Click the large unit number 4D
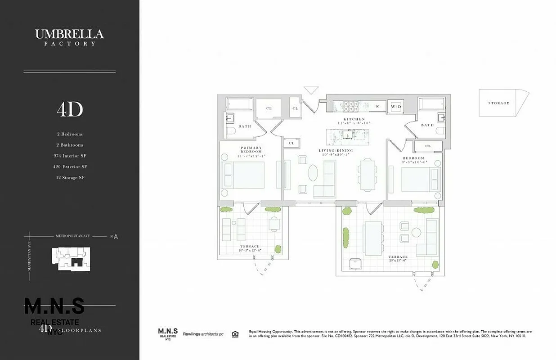[x=70, y=109]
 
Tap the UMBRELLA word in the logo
[x=70, y=34]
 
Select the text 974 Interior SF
[x=70, y=156]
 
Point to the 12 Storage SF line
[x=70, y=177]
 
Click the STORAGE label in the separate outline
[x=499, y=103]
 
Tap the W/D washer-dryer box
[x=396, y=106]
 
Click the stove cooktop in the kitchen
[x=350, y=106]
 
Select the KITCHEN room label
[x=354, y=119]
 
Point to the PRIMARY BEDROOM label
[x=251, y=150]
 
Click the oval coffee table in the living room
[x=313, y=173]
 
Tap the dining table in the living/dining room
[x=368, y=175]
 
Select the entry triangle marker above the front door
[x=311, y=90]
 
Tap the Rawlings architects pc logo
[x=203, y=334]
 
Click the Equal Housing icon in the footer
[x=235, y=334]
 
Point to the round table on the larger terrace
[x=416, y=233]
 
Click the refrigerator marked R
[x=377, y=106]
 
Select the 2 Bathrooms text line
[x=70, y=145]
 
